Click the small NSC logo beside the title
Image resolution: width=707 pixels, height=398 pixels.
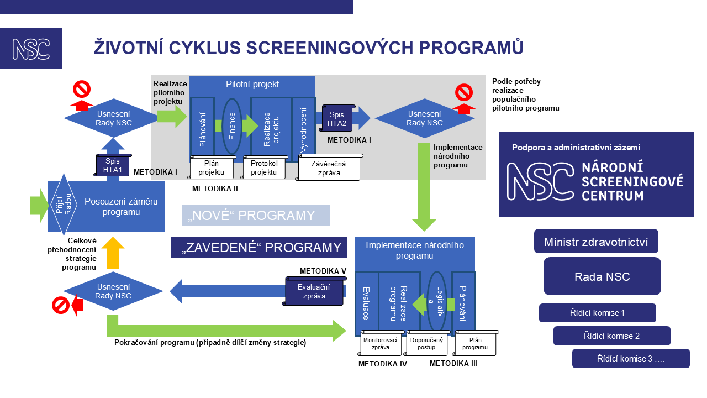tap(31, 48)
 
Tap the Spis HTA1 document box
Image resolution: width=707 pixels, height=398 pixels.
tap(113, 165)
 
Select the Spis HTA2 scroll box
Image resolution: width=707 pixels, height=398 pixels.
tap(337, 118)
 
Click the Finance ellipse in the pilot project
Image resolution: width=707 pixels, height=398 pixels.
tap(232, 125)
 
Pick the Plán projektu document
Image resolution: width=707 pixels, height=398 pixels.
tap(212, 167)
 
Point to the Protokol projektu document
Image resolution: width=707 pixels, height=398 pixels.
tap(264, 167)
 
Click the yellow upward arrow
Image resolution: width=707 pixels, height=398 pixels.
tap(113, 253)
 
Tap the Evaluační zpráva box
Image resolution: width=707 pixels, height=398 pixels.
tap(314, 291)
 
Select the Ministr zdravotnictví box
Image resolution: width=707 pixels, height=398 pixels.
tap(596, 242)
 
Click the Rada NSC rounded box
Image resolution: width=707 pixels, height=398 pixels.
tap(602, 276)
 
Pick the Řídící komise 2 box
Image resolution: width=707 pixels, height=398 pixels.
tap(611, 336)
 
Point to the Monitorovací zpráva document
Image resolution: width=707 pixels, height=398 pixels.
tap(381, 343)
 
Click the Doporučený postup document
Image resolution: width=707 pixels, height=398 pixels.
tap(426, 343)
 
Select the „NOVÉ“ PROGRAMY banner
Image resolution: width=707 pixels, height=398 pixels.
tap(256, 216)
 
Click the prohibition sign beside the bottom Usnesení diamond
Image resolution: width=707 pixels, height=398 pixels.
tap(61, 305)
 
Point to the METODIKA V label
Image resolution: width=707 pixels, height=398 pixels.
tap(323, 271)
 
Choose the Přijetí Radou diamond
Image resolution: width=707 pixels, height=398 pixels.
tap(64, 205)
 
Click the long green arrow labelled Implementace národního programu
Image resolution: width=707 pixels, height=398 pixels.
tap(424, 187)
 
